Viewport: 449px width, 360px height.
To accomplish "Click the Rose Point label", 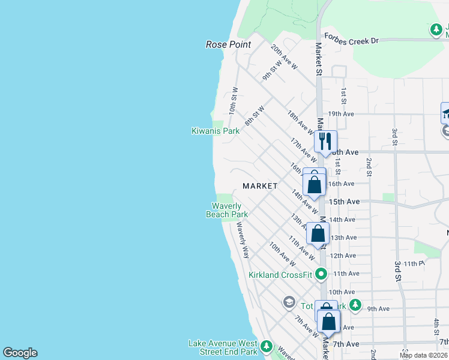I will pyautogui.click(x=228, y=44).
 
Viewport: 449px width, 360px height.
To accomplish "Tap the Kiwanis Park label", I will pyautogui.click(x=215, y=131).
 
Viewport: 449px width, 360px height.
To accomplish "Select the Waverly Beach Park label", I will pyautogui.click(x=227, y=211).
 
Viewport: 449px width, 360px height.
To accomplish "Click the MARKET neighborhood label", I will pyautogui.click(x=260, y=186).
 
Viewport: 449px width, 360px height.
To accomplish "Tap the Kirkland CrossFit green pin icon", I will pyautogui.click(x=322, y=275).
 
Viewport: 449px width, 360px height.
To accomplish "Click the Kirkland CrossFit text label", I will pyautogui.click(x=281, y=275).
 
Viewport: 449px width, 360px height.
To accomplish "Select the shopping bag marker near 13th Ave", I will pyautogui.click(x=318, y=234).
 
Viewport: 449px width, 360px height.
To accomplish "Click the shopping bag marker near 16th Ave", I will pyautogui.click(x=314, y=182).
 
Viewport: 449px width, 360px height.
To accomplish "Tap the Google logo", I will pyautogui.click(x=20, y=353).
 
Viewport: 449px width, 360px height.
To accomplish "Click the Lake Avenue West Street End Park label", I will pyautogui.click(x=223, y=347).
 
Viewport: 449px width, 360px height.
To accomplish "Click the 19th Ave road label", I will pyautogui.click(x=341, y=113).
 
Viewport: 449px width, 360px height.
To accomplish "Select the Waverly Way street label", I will pyautogui.click(x=243, y=240).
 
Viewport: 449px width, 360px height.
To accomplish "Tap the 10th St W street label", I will pyautogui.click(x=233, y=101).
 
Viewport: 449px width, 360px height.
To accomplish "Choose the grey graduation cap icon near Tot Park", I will pyautogui.click(x=289, y=301).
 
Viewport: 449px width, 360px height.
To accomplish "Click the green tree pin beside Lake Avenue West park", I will pyautogui.click(x=267, y=347).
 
